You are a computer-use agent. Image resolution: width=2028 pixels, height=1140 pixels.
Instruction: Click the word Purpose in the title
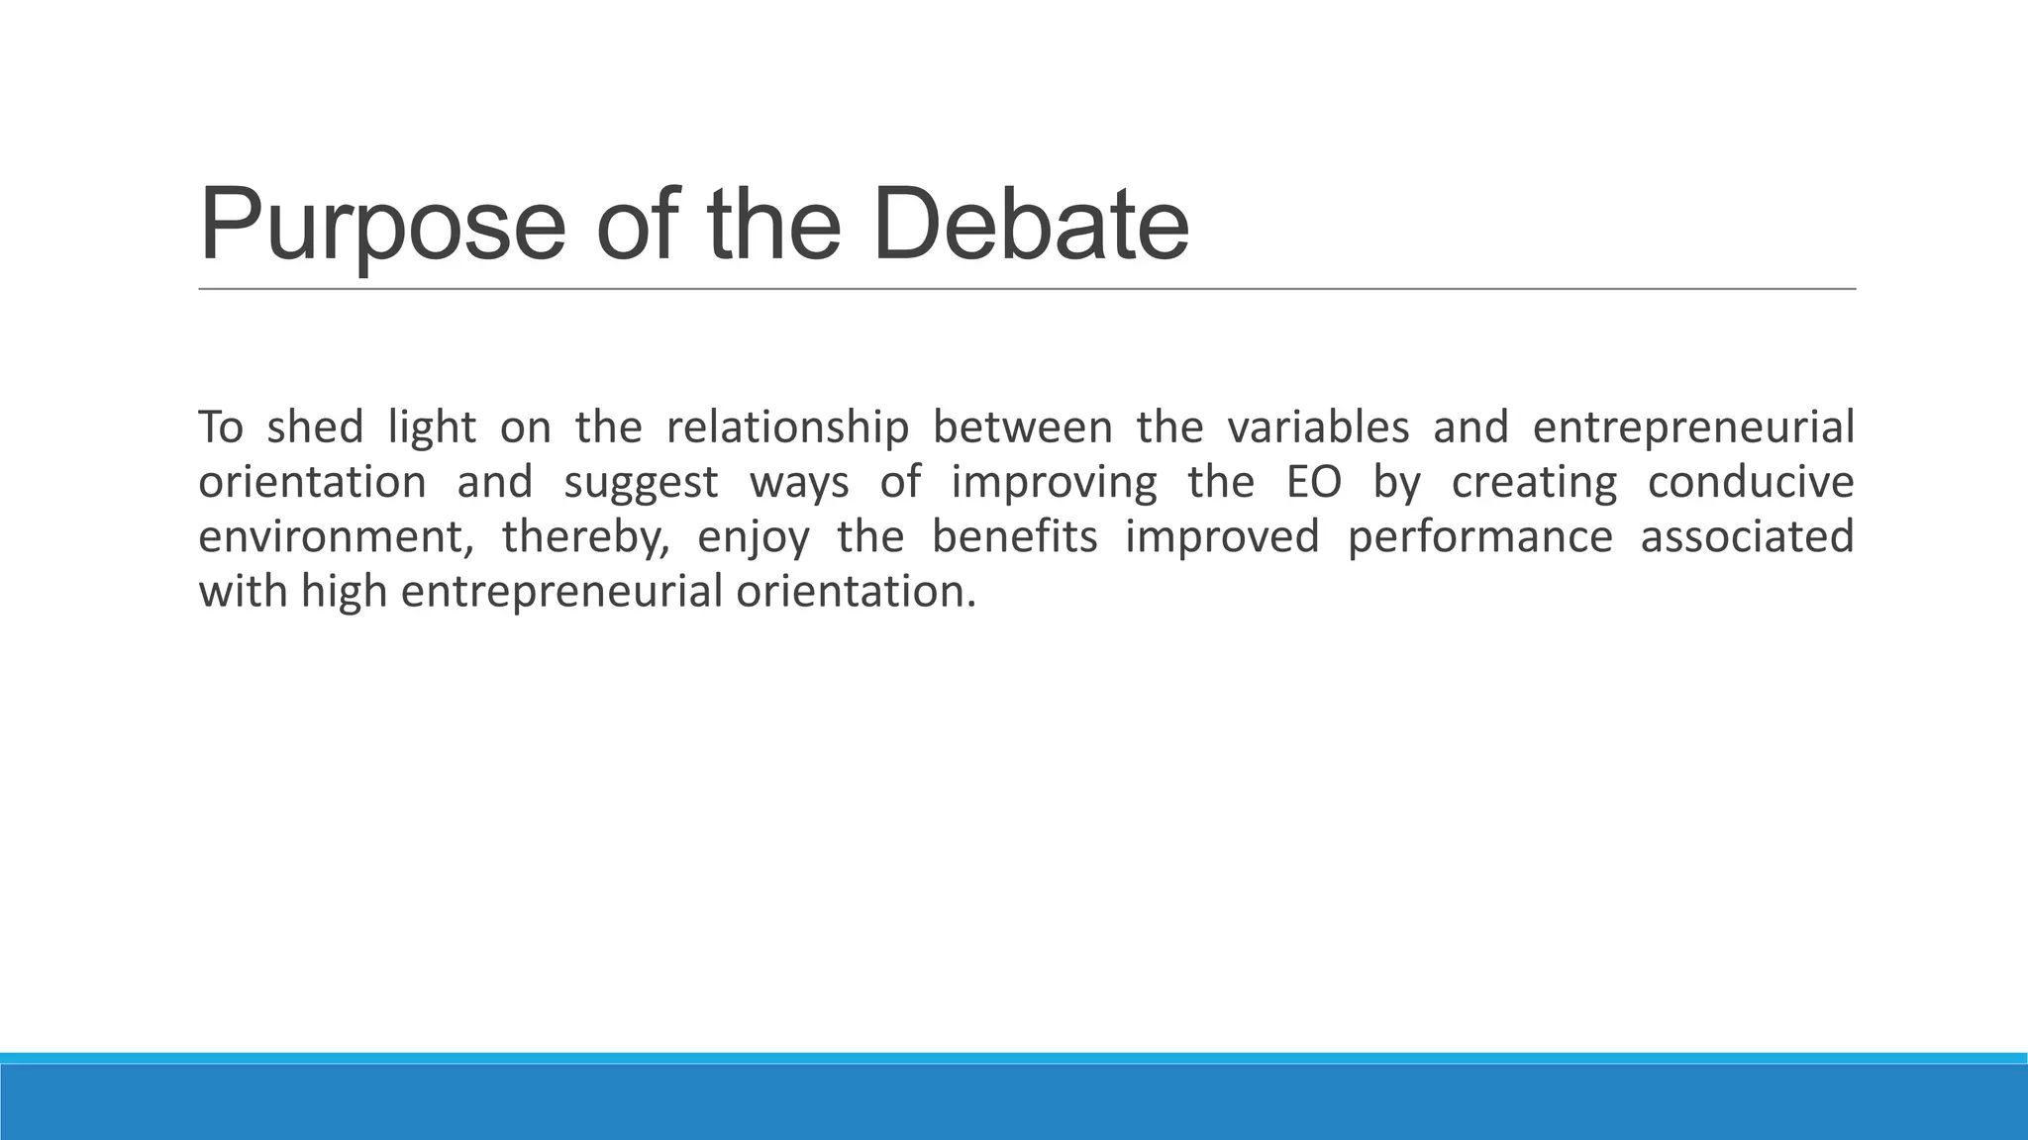[382, 226]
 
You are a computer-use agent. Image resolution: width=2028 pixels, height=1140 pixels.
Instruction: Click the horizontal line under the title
[1026, 289]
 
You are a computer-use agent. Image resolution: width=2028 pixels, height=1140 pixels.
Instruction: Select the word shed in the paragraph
[315, 427]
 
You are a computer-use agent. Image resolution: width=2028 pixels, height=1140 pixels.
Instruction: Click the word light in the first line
[432, 427]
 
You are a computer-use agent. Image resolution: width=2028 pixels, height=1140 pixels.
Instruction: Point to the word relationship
[787, 427]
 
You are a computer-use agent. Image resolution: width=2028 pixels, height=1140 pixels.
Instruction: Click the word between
[1022, 427]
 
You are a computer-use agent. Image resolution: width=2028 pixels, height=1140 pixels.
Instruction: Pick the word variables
[1317, 427]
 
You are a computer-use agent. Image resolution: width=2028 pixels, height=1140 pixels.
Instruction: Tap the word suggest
[641, 483]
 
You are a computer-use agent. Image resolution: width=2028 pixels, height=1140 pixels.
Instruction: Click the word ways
[799, 483]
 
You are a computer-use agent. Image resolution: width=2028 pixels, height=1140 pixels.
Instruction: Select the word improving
[1054, 483]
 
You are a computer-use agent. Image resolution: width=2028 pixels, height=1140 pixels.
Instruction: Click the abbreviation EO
[1314, 482]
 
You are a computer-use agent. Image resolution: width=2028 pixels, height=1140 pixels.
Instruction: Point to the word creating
[1534, 483]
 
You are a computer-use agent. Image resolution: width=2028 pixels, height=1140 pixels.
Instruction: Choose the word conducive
[1751, 482]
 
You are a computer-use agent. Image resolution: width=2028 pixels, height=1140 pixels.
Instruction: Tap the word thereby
[585, 537]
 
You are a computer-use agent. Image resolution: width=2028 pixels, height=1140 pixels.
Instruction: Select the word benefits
[1014, 536]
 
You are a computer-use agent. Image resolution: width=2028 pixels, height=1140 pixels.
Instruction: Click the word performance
[1479, 537]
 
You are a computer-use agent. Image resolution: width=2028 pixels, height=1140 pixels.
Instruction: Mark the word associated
[1747, 536]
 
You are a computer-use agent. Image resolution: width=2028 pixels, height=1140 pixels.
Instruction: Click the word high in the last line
[344, 592]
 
